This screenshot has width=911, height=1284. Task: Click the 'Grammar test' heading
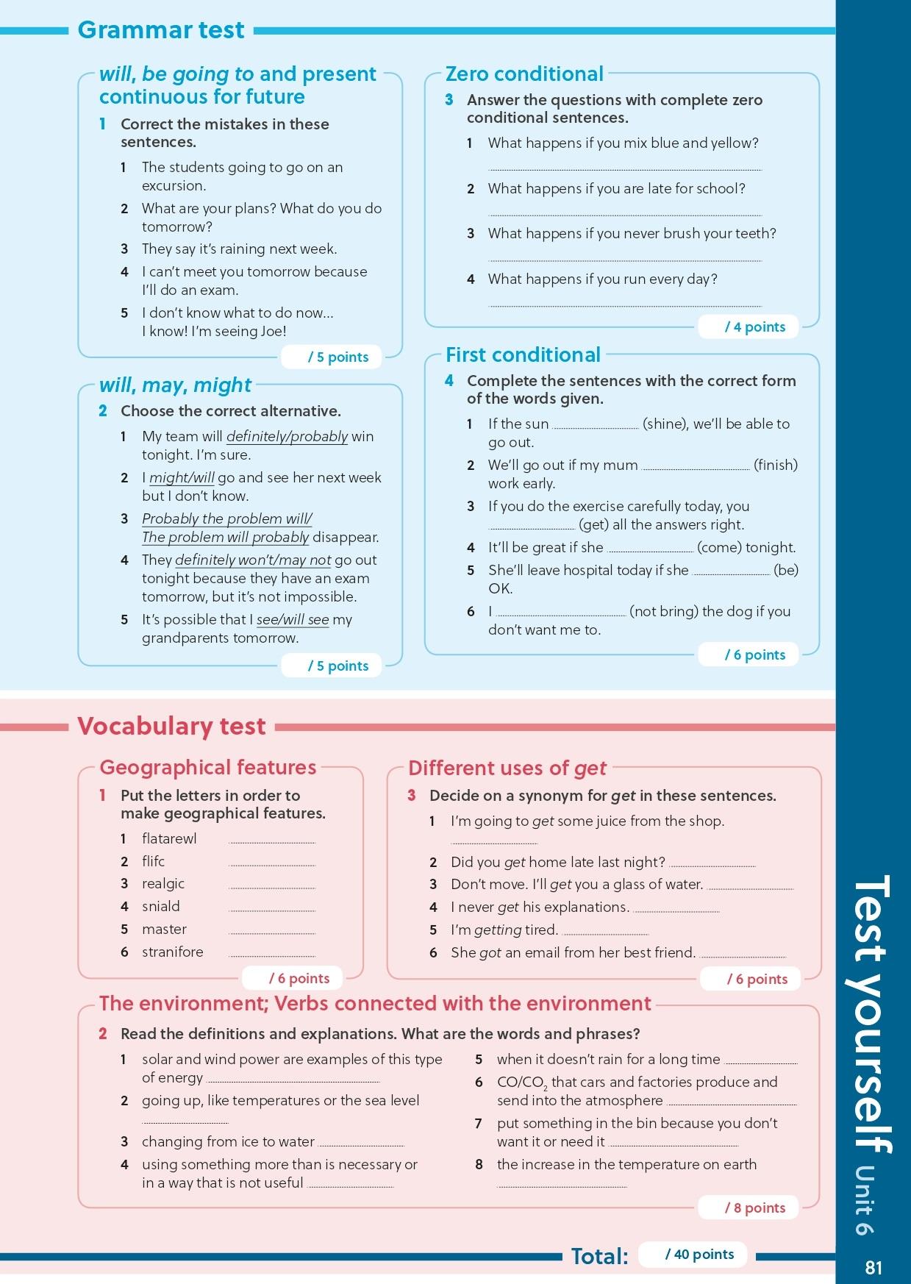click(160, 30)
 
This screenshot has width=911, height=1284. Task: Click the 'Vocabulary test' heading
click(171, 726)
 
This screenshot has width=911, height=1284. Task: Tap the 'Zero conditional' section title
click(524, 74)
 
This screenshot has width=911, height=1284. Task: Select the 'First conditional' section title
click(523, 354)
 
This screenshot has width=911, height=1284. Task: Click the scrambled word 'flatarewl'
click(169, 838)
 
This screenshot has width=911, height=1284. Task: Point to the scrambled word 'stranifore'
click(172, 952)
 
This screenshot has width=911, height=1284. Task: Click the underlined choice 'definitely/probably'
click(287, 436)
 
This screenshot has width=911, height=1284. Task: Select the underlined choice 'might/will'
click(182, 477)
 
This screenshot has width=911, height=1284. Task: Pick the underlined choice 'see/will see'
click(293, 619)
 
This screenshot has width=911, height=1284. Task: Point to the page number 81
click(874, 1267)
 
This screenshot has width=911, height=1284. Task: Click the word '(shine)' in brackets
click(667, 424)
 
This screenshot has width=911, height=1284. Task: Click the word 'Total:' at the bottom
click(600, 1256)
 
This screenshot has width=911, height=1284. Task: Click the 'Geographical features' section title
click(207, 767)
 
